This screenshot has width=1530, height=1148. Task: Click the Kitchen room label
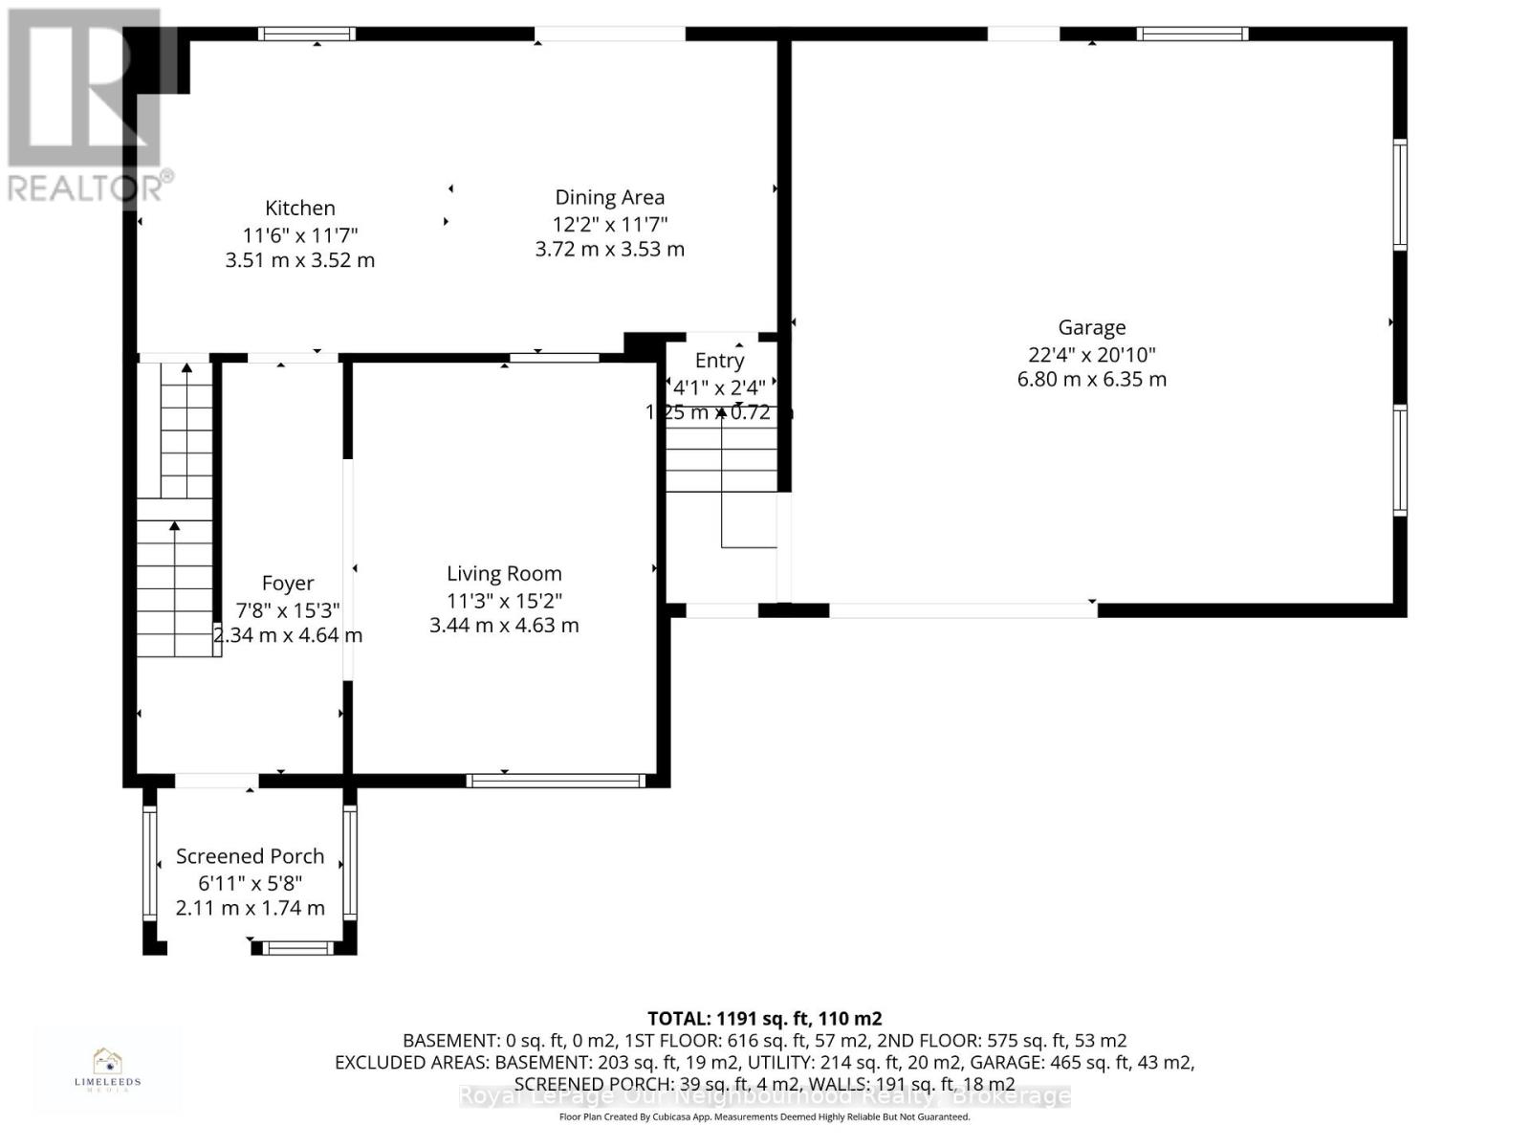pyautogui.click(x=299, y=208)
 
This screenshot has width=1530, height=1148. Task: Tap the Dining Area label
pyautogui.click(x=609, y=197)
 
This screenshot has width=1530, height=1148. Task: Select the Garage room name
pyautogui.click(x=1091, y=327)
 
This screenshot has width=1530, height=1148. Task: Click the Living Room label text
pyautogui.click(x=504, y=573)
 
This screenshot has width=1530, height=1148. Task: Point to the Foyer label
pyautogui.click(x=287, y=583)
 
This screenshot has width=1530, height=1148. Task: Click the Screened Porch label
pyautogui.click(x=250, y=856)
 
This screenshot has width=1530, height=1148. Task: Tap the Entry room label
pyautogui.click(x=719, y=361)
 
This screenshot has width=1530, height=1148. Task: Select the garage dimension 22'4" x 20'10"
pyautogui.click(x=1091, y=354)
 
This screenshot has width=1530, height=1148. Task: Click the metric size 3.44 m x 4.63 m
pyautogui.click(x=504, y=626)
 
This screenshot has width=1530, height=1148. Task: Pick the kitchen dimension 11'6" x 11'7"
pyautogui.click(x=299, y=234)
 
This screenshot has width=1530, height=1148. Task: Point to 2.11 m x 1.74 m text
pyautogui.click(x=250, y=908)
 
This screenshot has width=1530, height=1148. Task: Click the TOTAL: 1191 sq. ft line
pyautogui.click(x=764, y=1019)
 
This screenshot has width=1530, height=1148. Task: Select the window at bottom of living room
pyautogui.click(x=556, y=781)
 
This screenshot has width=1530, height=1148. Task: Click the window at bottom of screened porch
pyautogui.click(x=297, y=948)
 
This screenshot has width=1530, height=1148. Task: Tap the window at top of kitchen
pyautogui.click(x=307, y=33)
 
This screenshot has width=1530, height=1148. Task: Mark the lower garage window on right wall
pyautogui.click(x=1399, y=460)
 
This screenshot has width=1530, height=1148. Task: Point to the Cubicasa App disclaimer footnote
pyautogui.click(x=764, y=1116)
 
